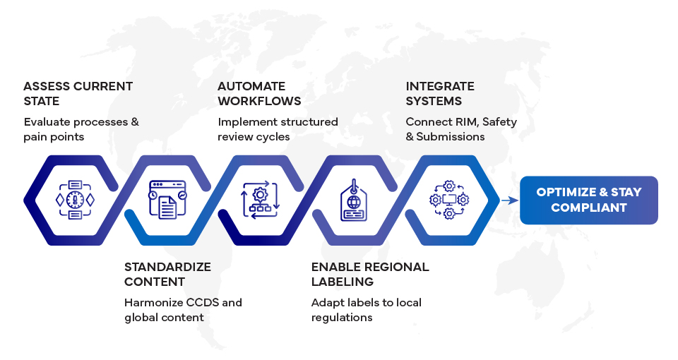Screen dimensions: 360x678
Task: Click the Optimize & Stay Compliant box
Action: [588, 200]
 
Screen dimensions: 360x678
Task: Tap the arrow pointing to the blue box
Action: [509, 200]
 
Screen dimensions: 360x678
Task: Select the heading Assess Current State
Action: [78, 93]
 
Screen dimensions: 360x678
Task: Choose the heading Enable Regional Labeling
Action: [370, 274]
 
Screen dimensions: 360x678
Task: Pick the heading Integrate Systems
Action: [440, 93]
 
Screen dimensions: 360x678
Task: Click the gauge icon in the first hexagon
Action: [75, 200]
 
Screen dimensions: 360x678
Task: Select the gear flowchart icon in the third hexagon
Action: [261, 200]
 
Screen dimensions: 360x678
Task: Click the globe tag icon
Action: [354, 200]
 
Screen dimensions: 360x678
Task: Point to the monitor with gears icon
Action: [448, 200]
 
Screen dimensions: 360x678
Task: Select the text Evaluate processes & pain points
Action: [81, 128]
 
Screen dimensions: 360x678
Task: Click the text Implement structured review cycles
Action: [278, 128]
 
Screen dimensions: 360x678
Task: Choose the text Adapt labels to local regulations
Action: [367, 310]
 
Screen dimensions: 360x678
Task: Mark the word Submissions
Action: [451, 136]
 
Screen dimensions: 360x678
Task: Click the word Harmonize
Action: [154, 302]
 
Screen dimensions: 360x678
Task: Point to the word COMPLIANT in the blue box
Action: [588, 208]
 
